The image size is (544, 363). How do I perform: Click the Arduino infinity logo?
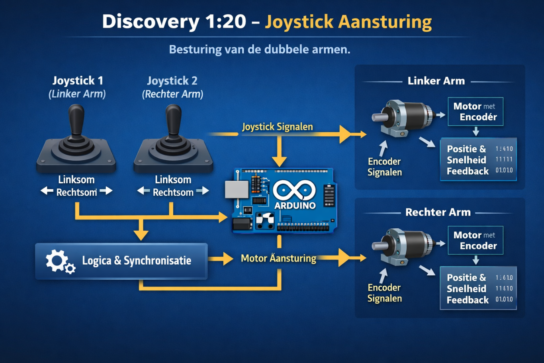294,190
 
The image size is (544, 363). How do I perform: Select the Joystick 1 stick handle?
76,120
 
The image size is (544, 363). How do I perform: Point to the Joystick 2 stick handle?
173,120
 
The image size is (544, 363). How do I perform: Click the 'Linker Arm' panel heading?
436,81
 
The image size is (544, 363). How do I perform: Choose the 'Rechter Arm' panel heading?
438,212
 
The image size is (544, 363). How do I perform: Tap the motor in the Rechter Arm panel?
402,246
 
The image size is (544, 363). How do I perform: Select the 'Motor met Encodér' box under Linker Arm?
475,112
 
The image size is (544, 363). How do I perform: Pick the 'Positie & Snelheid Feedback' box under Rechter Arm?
478,288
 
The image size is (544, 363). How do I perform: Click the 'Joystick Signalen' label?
278,127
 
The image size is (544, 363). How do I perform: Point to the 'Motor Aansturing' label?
278,258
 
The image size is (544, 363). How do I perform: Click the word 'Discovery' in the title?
150,22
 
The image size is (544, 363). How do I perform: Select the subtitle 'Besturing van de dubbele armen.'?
260,49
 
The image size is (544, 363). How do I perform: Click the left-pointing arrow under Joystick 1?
47,191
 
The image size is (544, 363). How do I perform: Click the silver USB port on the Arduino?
236,190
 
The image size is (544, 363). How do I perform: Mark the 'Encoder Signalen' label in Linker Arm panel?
384,167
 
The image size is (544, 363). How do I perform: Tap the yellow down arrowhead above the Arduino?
279,161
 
